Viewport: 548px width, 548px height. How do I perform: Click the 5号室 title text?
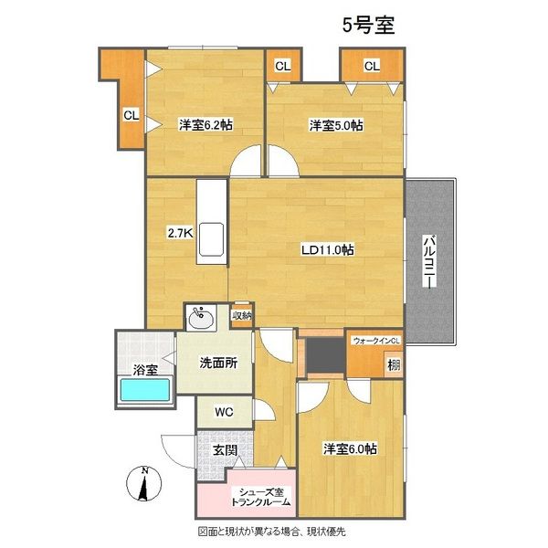[x=368, y=26]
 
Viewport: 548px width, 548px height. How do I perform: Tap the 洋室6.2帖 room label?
[x=205, y=125]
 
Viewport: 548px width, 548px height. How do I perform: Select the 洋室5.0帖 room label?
[x=336, y=125]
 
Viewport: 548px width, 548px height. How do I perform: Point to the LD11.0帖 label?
[x=328, y=249]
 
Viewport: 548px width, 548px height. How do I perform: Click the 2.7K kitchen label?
[x=180, y=233]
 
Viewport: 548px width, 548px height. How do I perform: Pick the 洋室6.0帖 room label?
[x=350, y=449]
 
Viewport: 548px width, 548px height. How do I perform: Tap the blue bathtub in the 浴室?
[x=145, y=390]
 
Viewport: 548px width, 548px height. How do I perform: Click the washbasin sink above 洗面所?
[x=201, y=318]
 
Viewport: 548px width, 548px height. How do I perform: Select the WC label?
[x=224, y=412]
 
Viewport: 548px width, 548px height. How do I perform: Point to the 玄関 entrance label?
[x=225, y=450]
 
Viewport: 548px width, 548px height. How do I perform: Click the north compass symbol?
[x=143, y=484]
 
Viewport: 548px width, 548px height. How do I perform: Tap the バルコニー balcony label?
[x=429, y=262]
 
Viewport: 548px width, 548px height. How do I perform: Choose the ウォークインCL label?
[x=376, y=341]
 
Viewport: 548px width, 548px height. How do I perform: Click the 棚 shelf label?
[x=394, y=365]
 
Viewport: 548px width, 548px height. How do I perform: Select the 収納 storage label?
[x=242, y=315]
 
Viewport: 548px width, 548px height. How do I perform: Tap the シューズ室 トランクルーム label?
[x=260, y=498]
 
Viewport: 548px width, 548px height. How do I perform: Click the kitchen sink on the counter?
[x=211, y=239]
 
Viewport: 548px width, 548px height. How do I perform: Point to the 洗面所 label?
[x=218, y=363]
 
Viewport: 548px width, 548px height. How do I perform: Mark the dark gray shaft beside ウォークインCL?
[x=326, y=355]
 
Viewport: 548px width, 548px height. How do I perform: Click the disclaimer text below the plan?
[x=271, y=532]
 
